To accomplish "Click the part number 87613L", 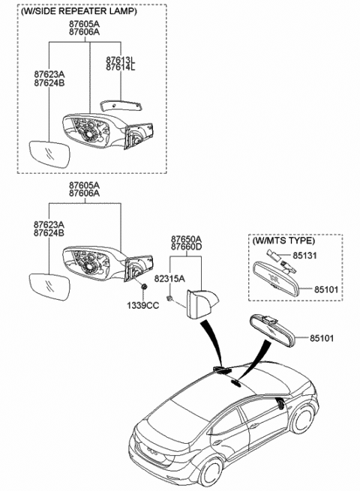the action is click(121, 60).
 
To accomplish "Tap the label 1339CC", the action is click(142, 305).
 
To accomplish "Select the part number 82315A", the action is click(169, 278).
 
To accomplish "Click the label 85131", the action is click(304, 256).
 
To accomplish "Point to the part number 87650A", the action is click(186, 238).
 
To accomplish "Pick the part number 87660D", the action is click(186, 247).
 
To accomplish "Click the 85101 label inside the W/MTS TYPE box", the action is click(326, 289).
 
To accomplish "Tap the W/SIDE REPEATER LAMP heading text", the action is click(79, 11).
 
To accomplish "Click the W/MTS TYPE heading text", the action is click(283, 241).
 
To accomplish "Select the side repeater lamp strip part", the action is click(121, 105).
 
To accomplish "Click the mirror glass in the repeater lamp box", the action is click(49, 154).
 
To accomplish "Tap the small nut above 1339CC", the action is click(144, 287).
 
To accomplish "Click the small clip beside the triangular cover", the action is click(169, 298).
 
